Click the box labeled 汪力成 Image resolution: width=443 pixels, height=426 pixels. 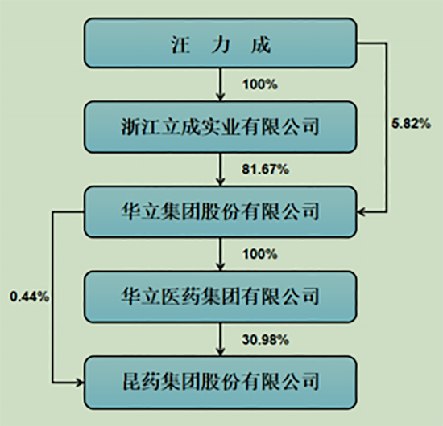221,43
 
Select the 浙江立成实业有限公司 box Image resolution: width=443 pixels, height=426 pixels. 221,127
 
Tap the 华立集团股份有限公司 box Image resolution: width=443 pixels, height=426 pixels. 221,211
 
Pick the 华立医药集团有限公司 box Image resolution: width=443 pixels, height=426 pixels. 221,297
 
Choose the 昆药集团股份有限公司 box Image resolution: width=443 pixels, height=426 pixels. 221,383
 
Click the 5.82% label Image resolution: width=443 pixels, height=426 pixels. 411,124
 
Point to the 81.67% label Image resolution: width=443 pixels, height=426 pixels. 265,169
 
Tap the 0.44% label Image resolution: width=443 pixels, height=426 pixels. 29,297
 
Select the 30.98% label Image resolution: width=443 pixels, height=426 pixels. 265,340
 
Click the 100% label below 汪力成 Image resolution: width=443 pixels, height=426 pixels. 260,84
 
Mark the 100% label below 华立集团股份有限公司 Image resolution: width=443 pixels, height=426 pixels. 260,254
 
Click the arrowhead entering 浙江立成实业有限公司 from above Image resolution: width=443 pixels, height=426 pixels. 221,97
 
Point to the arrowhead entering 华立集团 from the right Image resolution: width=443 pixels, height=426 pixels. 362,212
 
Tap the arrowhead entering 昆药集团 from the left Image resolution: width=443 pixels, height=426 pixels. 80,383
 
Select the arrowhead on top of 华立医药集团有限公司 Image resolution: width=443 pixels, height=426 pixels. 221,267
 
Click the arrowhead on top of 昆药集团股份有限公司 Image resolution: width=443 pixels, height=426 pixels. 221,352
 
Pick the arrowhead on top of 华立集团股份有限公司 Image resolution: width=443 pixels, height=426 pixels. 221,182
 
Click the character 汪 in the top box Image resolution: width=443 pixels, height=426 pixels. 180,44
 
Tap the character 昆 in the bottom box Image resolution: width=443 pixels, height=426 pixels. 131,382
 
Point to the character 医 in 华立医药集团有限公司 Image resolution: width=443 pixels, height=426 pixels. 171,296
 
